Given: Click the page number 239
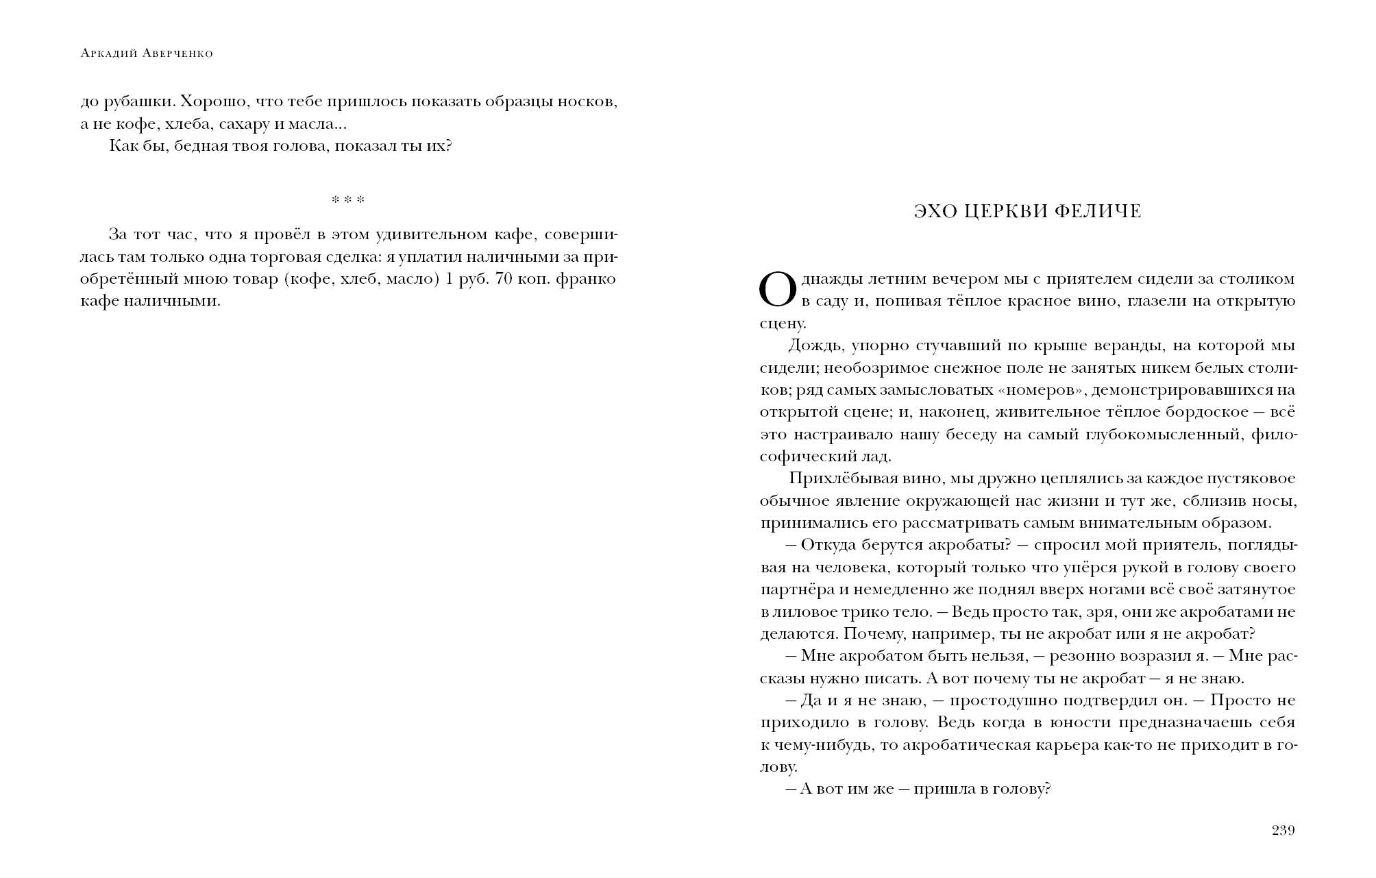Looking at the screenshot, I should [1283, 831].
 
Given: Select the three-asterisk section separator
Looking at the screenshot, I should [348, 200].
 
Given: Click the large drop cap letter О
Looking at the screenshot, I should [778, 289].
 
